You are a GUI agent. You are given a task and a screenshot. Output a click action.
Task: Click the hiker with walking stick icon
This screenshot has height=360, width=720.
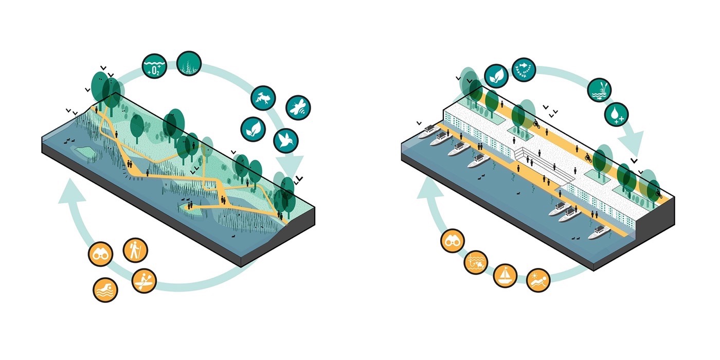click(135, 250)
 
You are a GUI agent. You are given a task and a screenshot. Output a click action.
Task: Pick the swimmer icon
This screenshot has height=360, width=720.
click(105, 290)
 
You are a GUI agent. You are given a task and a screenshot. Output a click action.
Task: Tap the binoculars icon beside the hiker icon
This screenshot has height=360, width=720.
click(100, 254)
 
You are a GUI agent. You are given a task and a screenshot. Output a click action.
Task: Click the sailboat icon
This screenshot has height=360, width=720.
click(506, 275)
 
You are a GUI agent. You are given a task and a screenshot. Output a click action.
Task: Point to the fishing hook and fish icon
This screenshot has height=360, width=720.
click(476, 262)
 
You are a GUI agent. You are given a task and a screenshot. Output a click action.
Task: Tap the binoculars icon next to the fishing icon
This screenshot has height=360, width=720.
click(453, 240)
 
